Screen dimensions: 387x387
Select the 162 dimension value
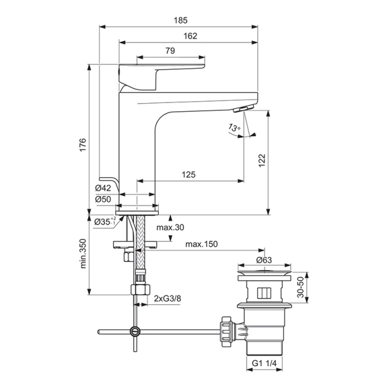coord(189,37)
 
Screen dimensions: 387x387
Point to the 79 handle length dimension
coord(169,51)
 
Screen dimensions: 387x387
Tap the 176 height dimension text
coord(81,144)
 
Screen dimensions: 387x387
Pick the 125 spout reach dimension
coord(188,175)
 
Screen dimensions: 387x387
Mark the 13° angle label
coord(234,129)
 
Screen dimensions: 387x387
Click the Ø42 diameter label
coord(103,188)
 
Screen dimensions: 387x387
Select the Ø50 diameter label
coord(103,199)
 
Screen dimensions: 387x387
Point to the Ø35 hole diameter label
coord(104,221)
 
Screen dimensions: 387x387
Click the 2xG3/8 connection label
coord(168,298)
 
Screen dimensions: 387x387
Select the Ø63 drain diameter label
coord(265,259)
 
